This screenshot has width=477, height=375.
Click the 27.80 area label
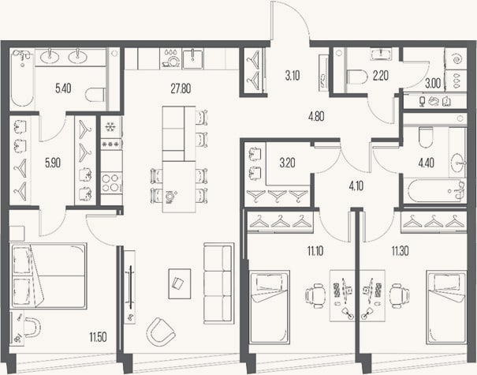[181, 89]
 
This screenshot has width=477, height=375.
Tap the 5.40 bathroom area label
[63, 88]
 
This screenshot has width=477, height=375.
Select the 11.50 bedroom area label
[98, 338]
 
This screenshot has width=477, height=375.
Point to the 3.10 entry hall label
[293, 75]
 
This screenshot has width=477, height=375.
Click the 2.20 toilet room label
[381, 75]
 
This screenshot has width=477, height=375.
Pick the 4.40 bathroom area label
[427, 163]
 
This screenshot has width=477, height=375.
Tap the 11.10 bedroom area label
[315, 251]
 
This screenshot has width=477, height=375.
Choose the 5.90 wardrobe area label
[53, 163]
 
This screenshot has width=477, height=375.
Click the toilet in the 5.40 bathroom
[95, 95]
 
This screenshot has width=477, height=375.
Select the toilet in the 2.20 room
[357, 77]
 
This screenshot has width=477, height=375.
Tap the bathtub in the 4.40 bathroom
[434, 191]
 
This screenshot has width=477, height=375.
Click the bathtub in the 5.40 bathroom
[22, 77]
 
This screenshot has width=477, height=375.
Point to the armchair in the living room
[160, 332]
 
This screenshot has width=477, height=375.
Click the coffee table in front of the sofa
[180, 283]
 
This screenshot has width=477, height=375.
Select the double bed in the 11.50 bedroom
[49, 276]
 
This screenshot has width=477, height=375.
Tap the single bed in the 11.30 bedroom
[446, 308]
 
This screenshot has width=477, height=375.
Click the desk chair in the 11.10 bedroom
[315, 295]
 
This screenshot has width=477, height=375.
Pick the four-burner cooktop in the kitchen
[110, 182]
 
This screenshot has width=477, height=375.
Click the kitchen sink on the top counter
[192, 58]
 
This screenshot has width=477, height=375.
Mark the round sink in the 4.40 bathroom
[457, 161]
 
